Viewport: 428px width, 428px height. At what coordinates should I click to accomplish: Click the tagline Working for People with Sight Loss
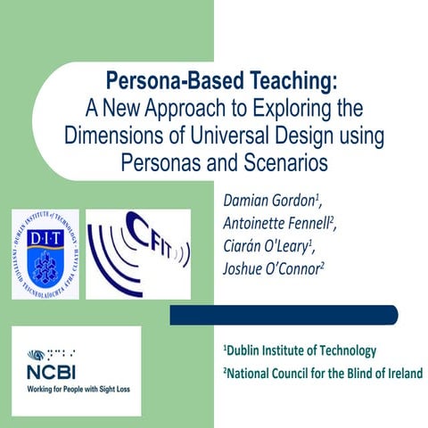tap(76, 388)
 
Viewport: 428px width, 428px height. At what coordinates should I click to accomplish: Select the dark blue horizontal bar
tap(283, 314)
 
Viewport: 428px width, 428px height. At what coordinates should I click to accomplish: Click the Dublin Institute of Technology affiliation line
tap(300, 350)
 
